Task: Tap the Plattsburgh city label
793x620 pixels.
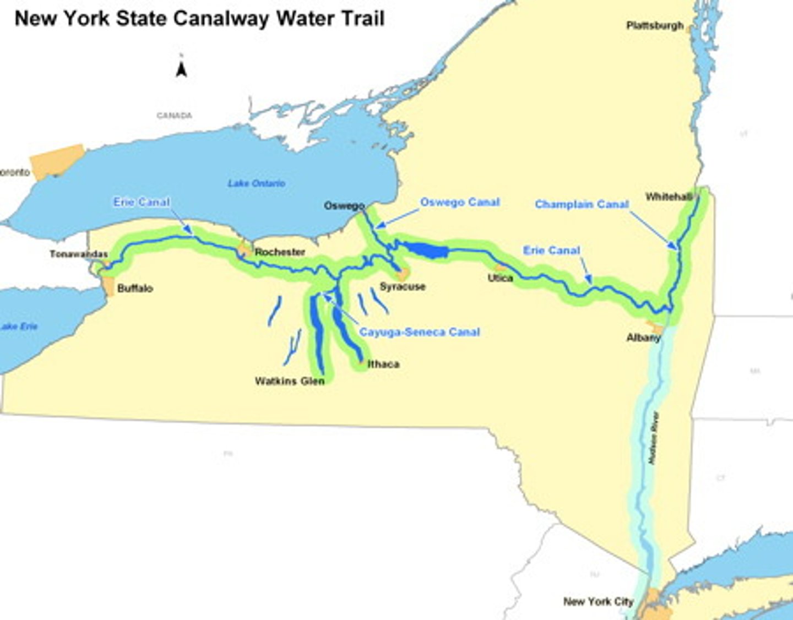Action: click(655, 25)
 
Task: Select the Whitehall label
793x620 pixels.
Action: click(669, 197)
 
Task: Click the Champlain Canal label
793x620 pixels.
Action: click(582, 204)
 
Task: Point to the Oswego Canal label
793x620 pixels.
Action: click(460, 202)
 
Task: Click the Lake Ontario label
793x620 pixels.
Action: click(257, 183)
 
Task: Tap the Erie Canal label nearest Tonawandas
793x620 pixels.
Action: click(142, 202)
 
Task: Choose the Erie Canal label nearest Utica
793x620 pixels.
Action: click(551, 251)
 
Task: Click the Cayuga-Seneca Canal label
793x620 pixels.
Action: click(420, 332)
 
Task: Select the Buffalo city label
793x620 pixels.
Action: click(135, 288)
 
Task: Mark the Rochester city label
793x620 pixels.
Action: click(280, 252)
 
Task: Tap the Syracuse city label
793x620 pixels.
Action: click(403, 286)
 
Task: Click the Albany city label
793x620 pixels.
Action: click(643, 338)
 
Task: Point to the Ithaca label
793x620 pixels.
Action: click(383, 364)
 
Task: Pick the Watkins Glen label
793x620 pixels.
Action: click(290, 381)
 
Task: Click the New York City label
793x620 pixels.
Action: click(598, 601)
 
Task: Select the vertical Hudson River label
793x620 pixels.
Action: click(654, 438)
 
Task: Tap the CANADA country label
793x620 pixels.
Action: click(175, 116)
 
